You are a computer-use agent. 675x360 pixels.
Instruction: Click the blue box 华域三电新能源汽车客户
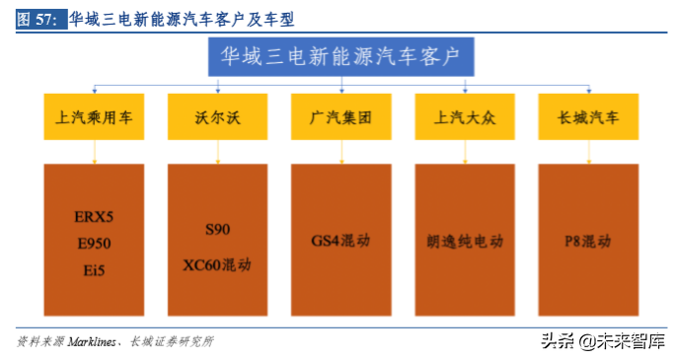pyautogui.click(x=340, y=57)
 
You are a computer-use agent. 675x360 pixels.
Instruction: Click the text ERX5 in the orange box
pyautogui.click(x=95, y=215)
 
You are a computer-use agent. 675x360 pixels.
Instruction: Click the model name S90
pyautogui.click(x=217, y=229)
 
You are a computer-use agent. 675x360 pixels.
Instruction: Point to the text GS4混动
pyautogui.click(x=340, y=240)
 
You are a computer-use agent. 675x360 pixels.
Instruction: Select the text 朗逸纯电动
pyautogui.click(x=464, y=240)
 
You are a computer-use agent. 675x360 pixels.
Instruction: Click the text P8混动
pyautogui.click(x=588, y=240)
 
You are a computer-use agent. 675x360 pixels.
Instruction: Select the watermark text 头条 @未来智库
pyautogui.click(x=600, y=340)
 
